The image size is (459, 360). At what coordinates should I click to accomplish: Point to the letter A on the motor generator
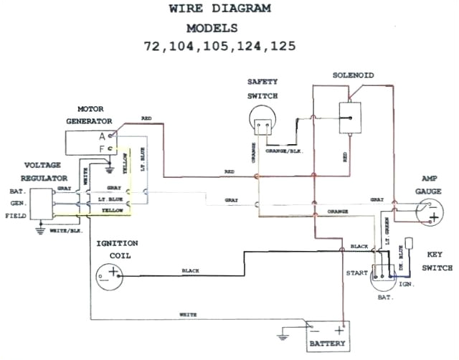102,135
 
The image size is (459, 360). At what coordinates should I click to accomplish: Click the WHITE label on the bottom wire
189,313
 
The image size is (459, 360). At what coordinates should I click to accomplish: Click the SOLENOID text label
351,75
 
